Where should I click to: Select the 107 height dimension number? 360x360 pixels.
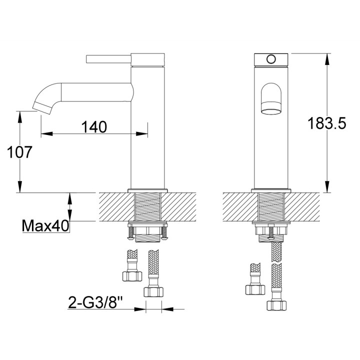(19, 152)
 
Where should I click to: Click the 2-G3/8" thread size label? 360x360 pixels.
(95, 302)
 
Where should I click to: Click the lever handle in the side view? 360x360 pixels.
(108, 59)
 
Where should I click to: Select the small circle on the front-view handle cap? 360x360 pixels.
(270, 59)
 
